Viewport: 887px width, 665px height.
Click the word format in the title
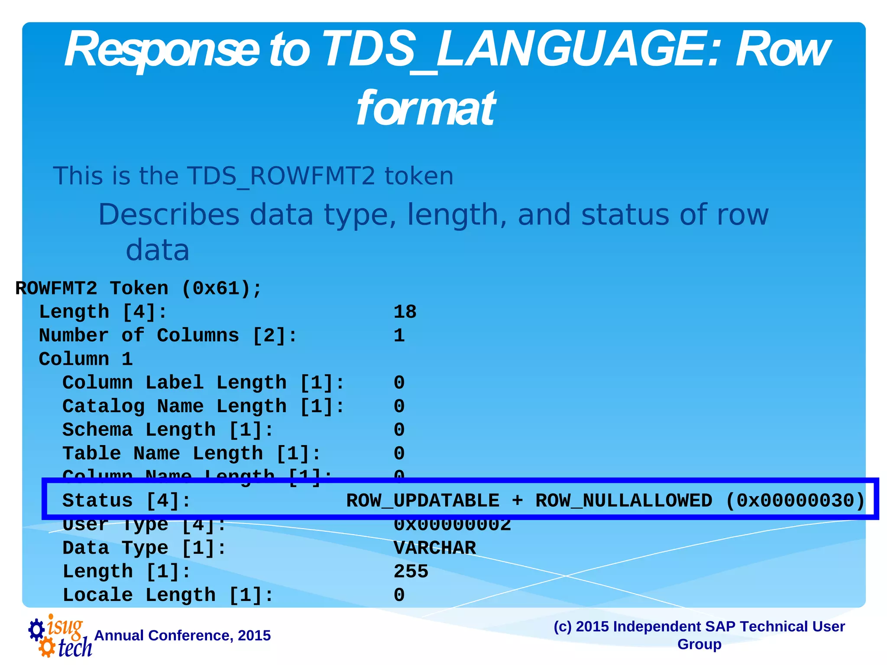(425, 108)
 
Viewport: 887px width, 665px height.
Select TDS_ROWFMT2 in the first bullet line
(281, 176)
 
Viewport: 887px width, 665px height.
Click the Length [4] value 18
(405, 312)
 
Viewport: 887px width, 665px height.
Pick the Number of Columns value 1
(399, 336)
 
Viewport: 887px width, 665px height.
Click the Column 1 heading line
(86, 359)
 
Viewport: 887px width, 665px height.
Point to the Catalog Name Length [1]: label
(204, 406)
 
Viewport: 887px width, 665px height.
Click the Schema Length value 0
(399, 430)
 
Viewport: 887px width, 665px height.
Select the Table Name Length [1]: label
(191, 453)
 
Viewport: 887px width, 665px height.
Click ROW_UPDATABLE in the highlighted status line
(423, 501)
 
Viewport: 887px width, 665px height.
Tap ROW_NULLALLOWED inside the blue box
(624, 501)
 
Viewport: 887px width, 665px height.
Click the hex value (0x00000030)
(795, 501)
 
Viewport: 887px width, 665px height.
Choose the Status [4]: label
(126, 501)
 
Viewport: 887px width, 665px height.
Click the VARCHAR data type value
(434, 548)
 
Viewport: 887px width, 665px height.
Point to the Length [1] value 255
(411, 571)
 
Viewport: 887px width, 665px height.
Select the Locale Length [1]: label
(168, 595)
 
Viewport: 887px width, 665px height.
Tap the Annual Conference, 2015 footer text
(182, 636)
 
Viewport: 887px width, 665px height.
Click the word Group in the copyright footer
(699, 644)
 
